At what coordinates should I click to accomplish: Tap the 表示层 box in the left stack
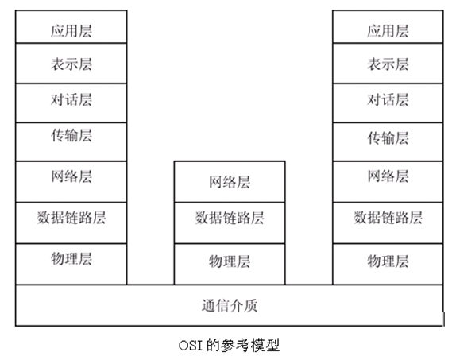[x=71, y=64]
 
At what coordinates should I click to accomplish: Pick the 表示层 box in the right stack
[x=388, y=64]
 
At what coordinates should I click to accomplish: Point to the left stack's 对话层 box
[x=71, y=101]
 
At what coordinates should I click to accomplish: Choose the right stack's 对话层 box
[x=388, y=101]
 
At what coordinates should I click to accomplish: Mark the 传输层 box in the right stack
[x=388, y=138]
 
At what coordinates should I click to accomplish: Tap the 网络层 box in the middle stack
[x=230, y=182]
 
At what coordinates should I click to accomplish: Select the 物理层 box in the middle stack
[x=230, y=261]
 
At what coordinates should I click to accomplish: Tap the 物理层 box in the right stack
[x=388, y=261]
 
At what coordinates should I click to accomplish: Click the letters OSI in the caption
[x=191, y=346]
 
